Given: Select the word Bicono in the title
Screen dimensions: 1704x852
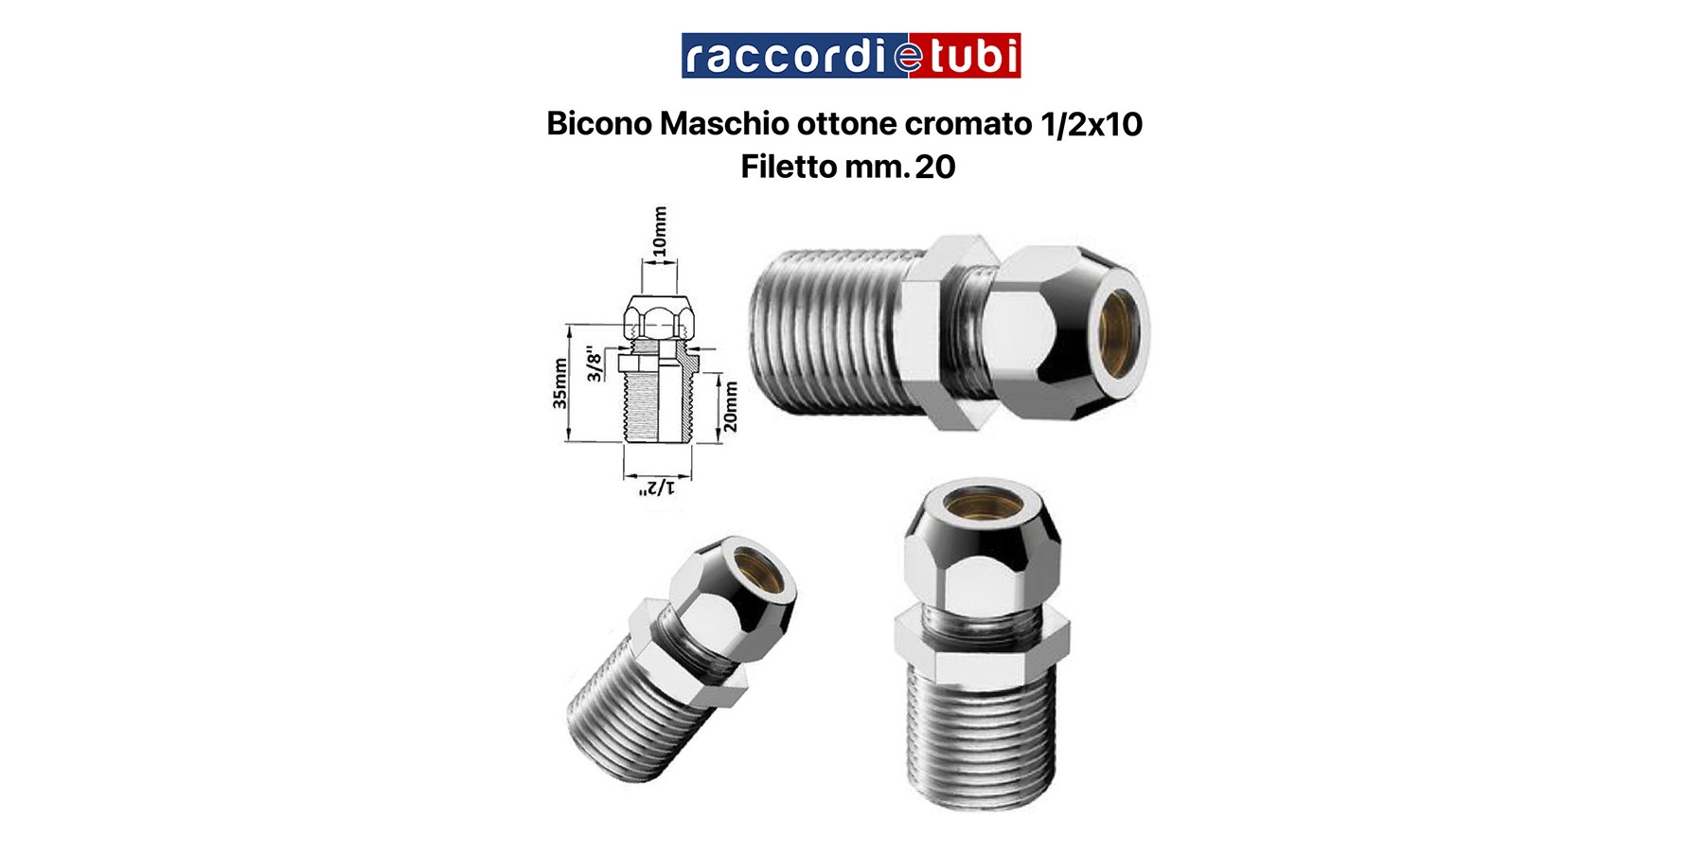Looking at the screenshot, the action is [599, 124].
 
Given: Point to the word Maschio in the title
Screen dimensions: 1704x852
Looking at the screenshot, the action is [724, 124].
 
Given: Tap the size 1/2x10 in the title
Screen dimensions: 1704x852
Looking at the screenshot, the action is [1092, 124].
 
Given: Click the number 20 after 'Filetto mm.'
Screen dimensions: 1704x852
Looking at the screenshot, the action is [935, 167].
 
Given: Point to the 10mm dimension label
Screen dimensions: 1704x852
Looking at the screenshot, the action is [660, 231].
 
